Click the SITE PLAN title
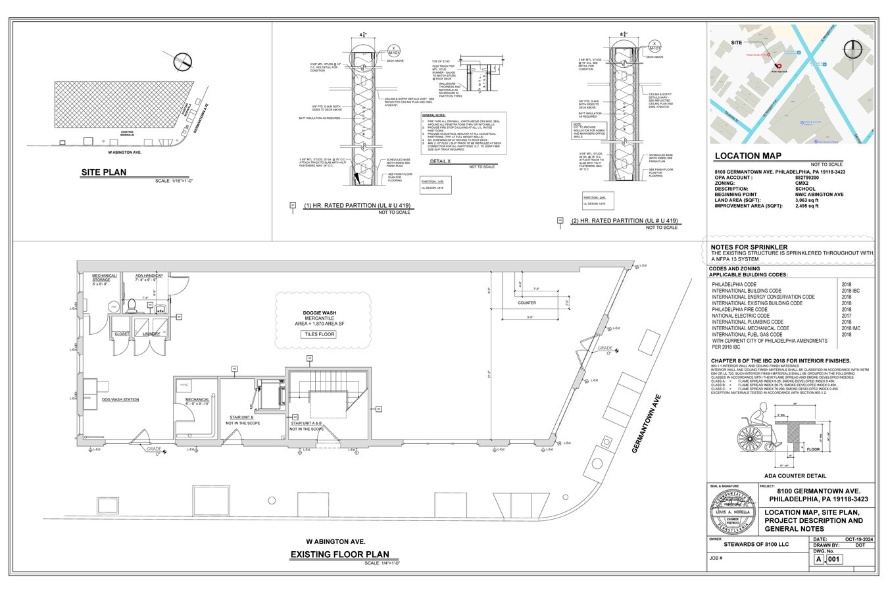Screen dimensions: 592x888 [104, 173]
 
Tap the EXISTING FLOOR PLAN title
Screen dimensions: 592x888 [339, 555]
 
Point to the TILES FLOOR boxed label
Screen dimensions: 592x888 [319, 334]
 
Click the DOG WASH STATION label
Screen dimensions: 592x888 [120, 399]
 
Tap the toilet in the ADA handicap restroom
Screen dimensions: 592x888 [132, 305]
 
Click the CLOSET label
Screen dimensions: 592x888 [122, 333]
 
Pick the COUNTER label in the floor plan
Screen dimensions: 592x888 [527, 303]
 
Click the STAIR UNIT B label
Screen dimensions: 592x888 [241, 417]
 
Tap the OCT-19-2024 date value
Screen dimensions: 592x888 [859, 539]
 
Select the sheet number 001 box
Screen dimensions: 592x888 [833, 559]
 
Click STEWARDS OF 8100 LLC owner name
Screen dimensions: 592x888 [756, 545]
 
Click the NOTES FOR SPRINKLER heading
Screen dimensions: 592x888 [749, 247]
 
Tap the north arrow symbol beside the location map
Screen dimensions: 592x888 [853, 51]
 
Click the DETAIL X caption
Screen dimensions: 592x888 [440, 161]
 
